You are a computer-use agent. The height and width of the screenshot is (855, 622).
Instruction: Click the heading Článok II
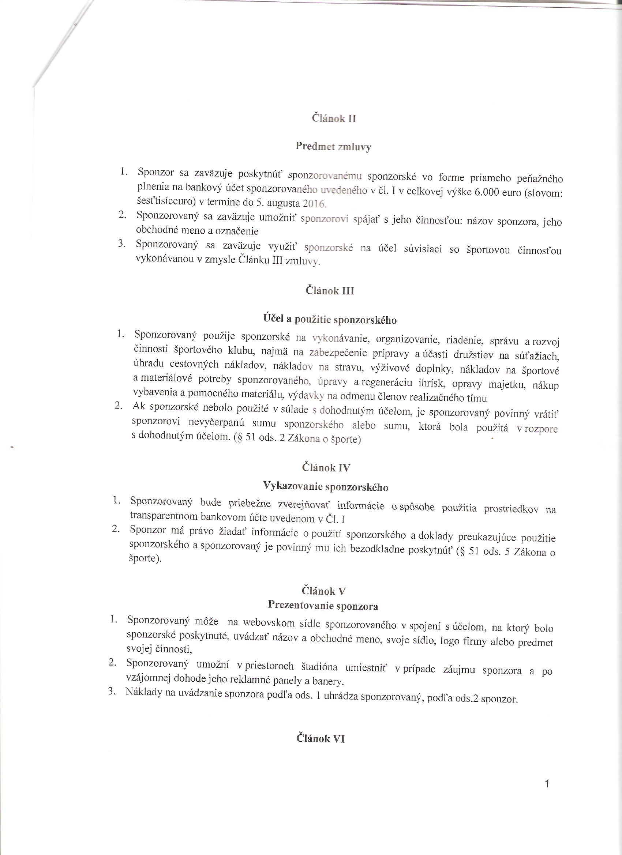[x=334, y=118]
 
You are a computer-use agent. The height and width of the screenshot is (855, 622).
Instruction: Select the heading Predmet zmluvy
[x=333, y=146]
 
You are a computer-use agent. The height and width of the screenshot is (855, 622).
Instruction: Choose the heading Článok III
[x=330, y=291]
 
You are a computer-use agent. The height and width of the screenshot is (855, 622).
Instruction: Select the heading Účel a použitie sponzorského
[x=330, y=320]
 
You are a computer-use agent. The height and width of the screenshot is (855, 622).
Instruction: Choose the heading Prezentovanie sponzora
[x=323, y=606]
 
